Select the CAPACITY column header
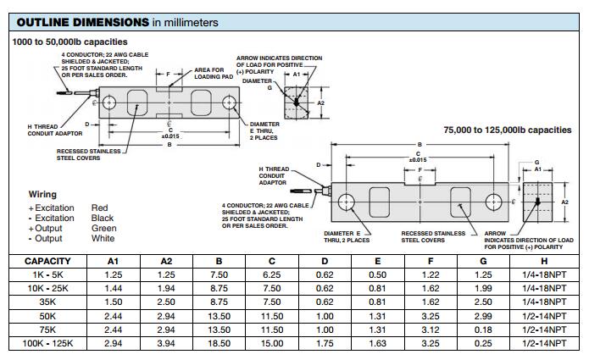coord(47,262)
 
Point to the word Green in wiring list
coord(103,229)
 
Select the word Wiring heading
coord(43,195)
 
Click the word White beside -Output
coord(103,239)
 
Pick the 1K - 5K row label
coord(47,275)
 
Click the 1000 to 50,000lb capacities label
coord(70,42)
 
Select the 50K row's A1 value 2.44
coord(114,317)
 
